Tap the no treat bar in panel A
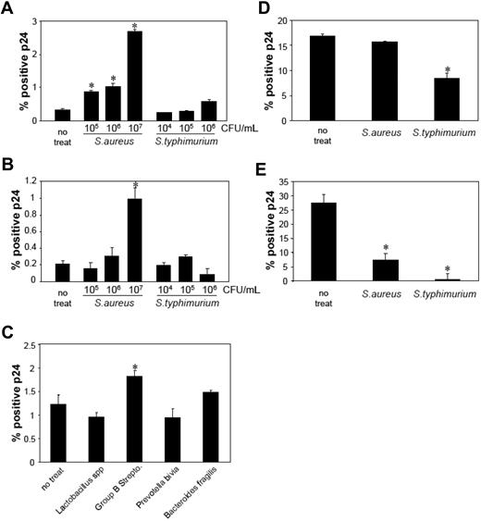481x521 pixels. coord(62,115)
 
